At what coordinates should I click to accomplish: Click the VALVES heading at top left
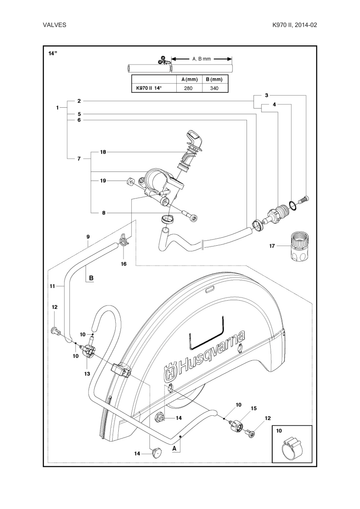pyautogui.click(x=54, y=25)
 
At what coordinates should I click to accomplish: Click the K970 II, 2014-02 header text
pyautogui.click(x=295, y=25)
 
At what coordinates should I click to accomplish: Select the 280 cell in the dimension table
pyautogui.click(x=188, y=88)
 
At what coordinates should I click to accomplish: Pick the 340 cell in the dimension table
pyautogui.click(x=215, y=88)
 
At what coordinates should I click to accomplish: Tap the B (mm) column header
pyautogui.click(x=214, y=79)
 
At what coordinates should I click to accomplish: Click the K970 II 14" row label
pyautogui.click(x=148, y=88)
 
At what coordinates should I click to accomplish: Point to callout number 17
pyautogui.click(x=272, y=246)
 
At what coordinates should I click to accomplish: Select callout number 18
pyautogui.click(x=103, y=152)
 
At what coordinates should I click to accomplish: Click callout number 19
pyautogui.click(x=103, y=181)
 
